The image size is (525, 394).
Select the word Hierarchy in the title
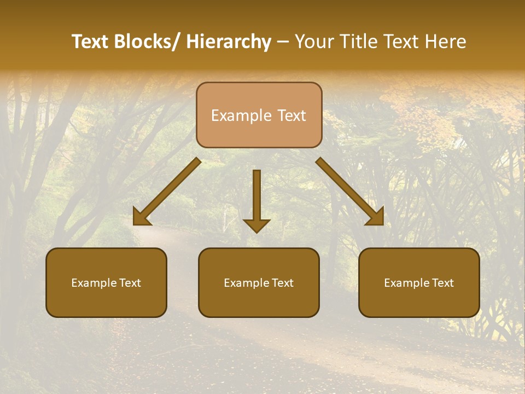pos(229,42)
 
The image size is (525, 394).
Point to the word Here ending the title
pos(446,42)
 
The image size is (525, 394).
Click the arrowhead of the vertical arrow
pos(256,225)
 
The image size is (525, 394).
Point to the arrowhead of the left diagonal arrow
pos(141,218)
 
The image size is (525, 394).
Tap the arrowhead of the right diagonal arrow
pos(376,218)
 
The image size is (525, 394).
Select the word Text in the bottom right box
pos(442,283)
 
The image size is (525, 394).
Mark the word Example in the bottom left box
pos(94,283)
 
